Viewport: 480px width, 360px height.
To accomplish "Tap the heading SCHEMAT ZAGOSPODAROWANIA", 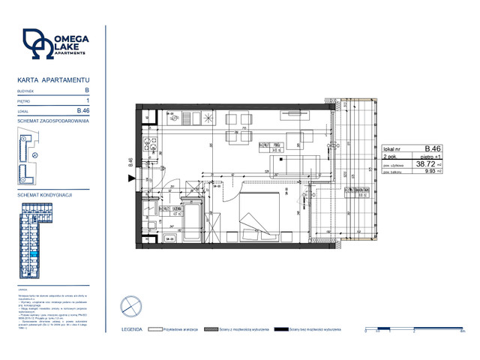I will (52, 120).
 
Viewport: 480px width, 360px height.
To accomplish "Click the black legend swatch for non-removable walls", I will (281, 328).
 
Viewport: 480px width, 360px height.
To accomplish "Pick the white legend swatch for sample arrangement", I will (156, 328).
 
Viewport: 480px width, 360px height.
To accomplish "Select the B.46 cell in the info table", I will (432, 148).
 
